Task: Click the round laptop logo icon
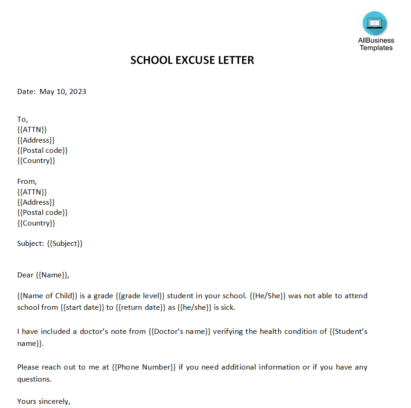[375, 23]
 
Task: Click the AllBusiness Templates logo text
[376, 44]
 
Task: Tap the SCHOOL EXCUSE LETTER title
[192, 60]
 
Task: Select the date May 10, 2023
[63, 92]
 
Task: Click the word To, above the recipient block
[23, 119]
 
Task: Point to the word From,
[27, 182]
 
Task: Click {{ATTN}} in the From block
[32, 192]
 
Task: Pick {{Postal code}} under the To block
[42, 151]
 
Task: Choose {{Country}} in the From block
[36, 223]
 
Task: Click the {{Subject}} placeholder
[64, 244]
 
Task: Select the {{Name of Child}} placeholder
[47, 296]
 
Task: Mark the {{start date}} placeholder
[82, 308]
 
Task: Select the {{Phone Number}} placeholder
[144, 367]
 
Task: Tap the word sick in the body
[228, 308]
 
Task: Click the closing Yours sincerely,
[44, 401]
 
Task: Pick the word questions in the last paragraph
[34, 379]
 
